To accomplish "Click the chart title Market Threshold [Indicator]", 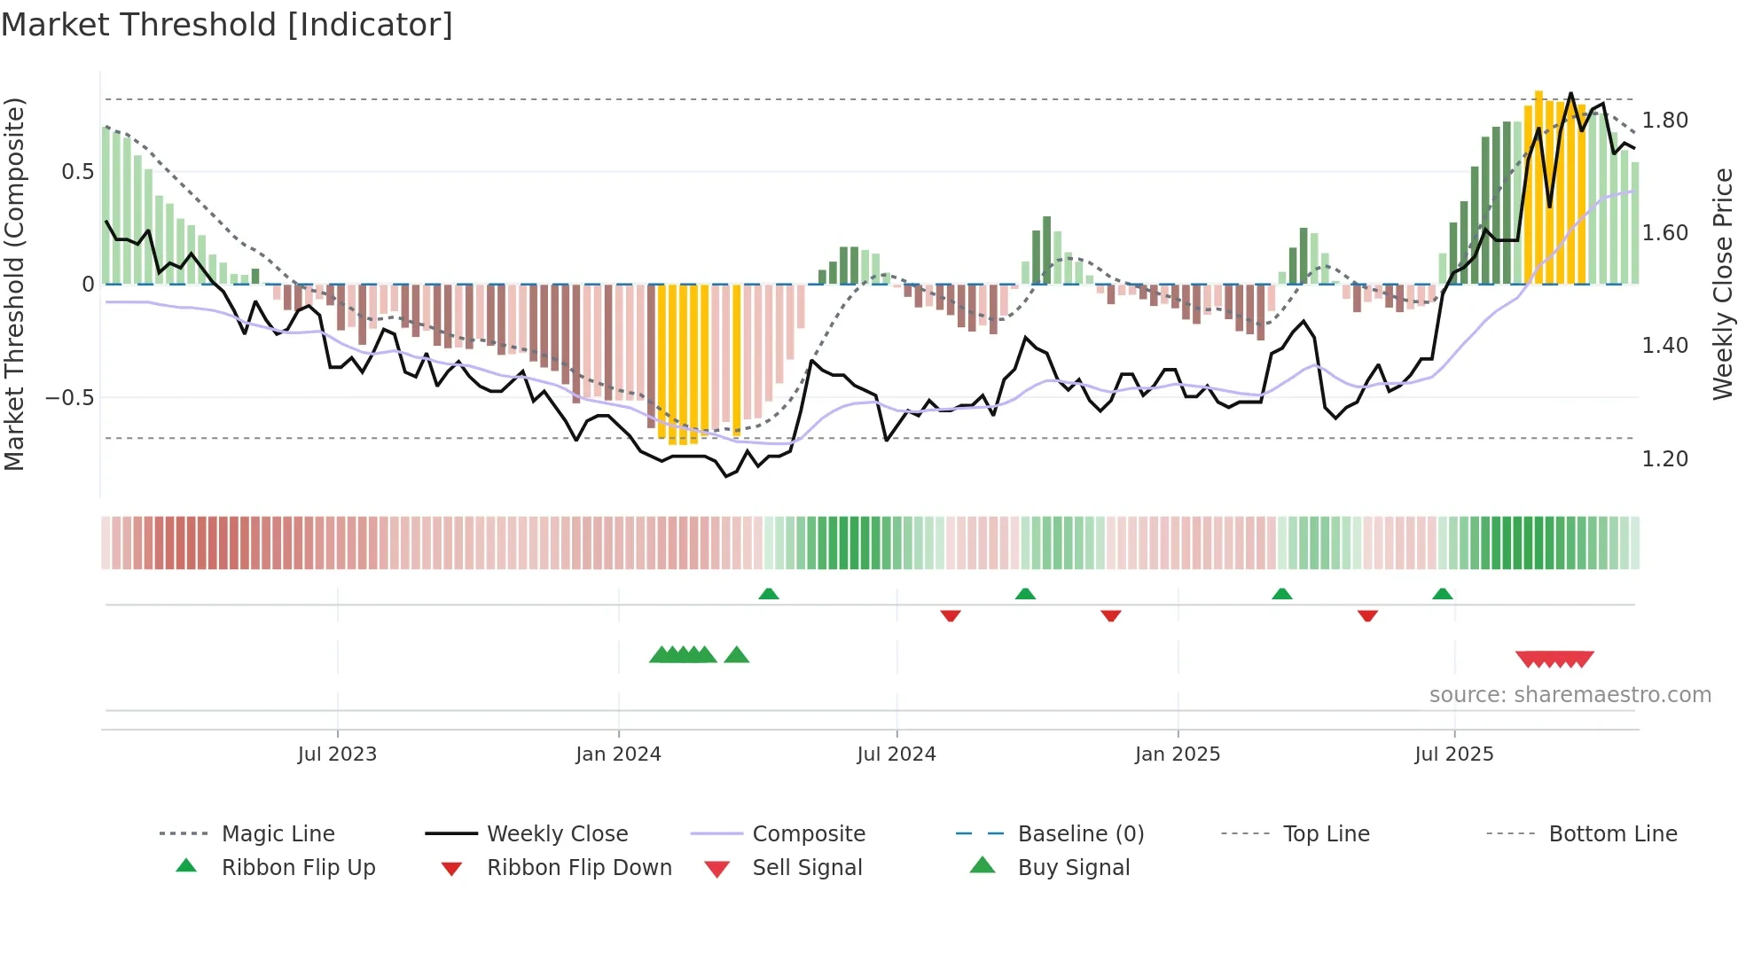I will click(x=227, y=25).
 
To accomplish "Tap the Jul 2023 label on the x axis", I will click(x=337, y=754).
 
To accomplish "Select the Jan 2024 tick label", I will click(x=618, y=754).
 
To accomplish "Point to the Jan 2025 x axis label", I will click(x=1178, y=754).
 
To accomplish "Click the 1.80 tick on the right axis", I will click(x=1664, y=121).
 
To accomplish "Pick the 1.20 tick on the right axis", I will click(x=1664, y=459).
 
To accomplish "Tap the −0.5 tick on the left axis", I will click(x=69, y=398).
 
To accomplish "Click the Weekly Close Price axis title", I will click(x=1722, y=284).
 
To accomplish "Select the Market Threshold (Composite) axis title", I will click(x=15, y=284).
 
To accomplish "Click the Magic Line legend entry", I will click(x=278, y=834).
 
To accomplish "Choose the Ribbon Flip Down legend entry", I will click(x=579, y=868).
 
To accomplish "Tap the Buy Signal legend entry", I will click(x=1073, y=868).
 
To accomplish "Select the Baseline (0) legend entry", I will click(x=1080, y=834).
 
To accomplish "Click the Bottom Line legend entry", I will click(x=1612, y=834).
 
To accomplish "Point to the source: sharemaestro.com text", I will click(x=1570, y=695).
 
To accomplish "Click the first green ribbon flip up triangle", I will click(x=769, y=594).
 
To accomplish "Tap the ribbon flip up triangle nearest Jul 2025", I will click(x=1443, y=594).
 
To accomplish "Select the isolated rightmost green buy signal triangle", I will click(x=737, y=656).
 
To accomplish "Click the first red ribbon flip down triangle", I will click(x=951, y=615).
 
